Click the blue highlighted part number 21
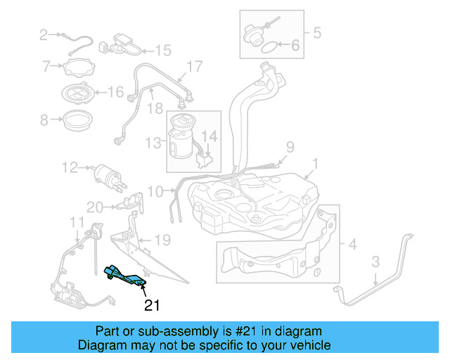pos(125,276)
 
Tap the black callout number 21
pos(152,305)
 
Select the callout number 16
pos(115,92)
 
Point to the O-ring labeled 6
pos(270,47)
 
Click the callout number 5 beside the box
pos(317,33)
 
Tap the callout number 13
pos(153,143)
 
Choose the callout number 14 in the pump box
pos(210,136)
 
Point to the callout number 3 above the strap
pos(375,262)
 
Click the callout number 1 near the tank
pos(316,164)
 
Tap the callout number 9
pos(290,147)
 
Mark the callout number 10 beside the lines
pos(155,191)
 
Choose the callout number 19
pos(162,240)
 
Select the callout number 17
pos(195,67)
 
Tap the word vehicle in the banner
pos(313,345)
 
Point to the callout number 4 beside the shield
pos(352,245)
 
